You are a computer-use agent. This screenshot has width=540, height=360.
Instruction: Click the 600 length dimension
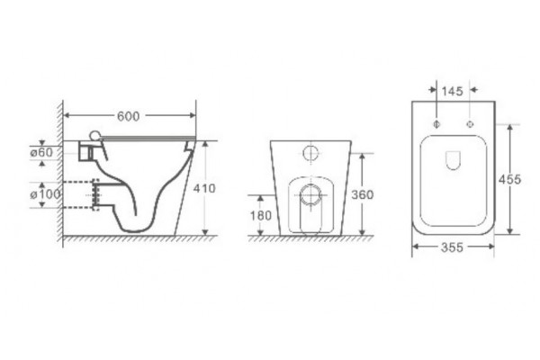128,116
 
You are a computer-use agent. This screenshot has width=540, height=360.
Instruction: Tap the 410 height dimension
204,188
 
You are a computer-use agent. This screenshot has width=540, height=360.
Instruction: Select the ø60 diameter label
41,152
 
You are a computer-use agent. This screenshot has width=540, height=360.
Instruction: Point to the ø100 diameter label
46,194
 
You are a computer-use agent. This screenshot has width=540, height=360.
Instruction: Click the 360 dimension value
363,195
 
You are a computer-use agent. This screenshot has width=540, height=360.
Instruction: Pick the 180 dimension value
261,216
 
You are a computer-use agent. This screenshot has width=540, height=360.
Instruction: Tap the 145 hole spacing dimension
452,91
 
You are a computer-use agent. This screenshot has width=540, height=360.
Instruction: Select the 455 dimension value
509,179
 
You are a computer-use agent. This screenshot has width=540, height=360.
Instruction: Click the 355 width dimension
452,247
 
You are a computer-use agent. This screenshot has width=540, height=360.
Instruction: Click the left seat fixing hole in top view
436,124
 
